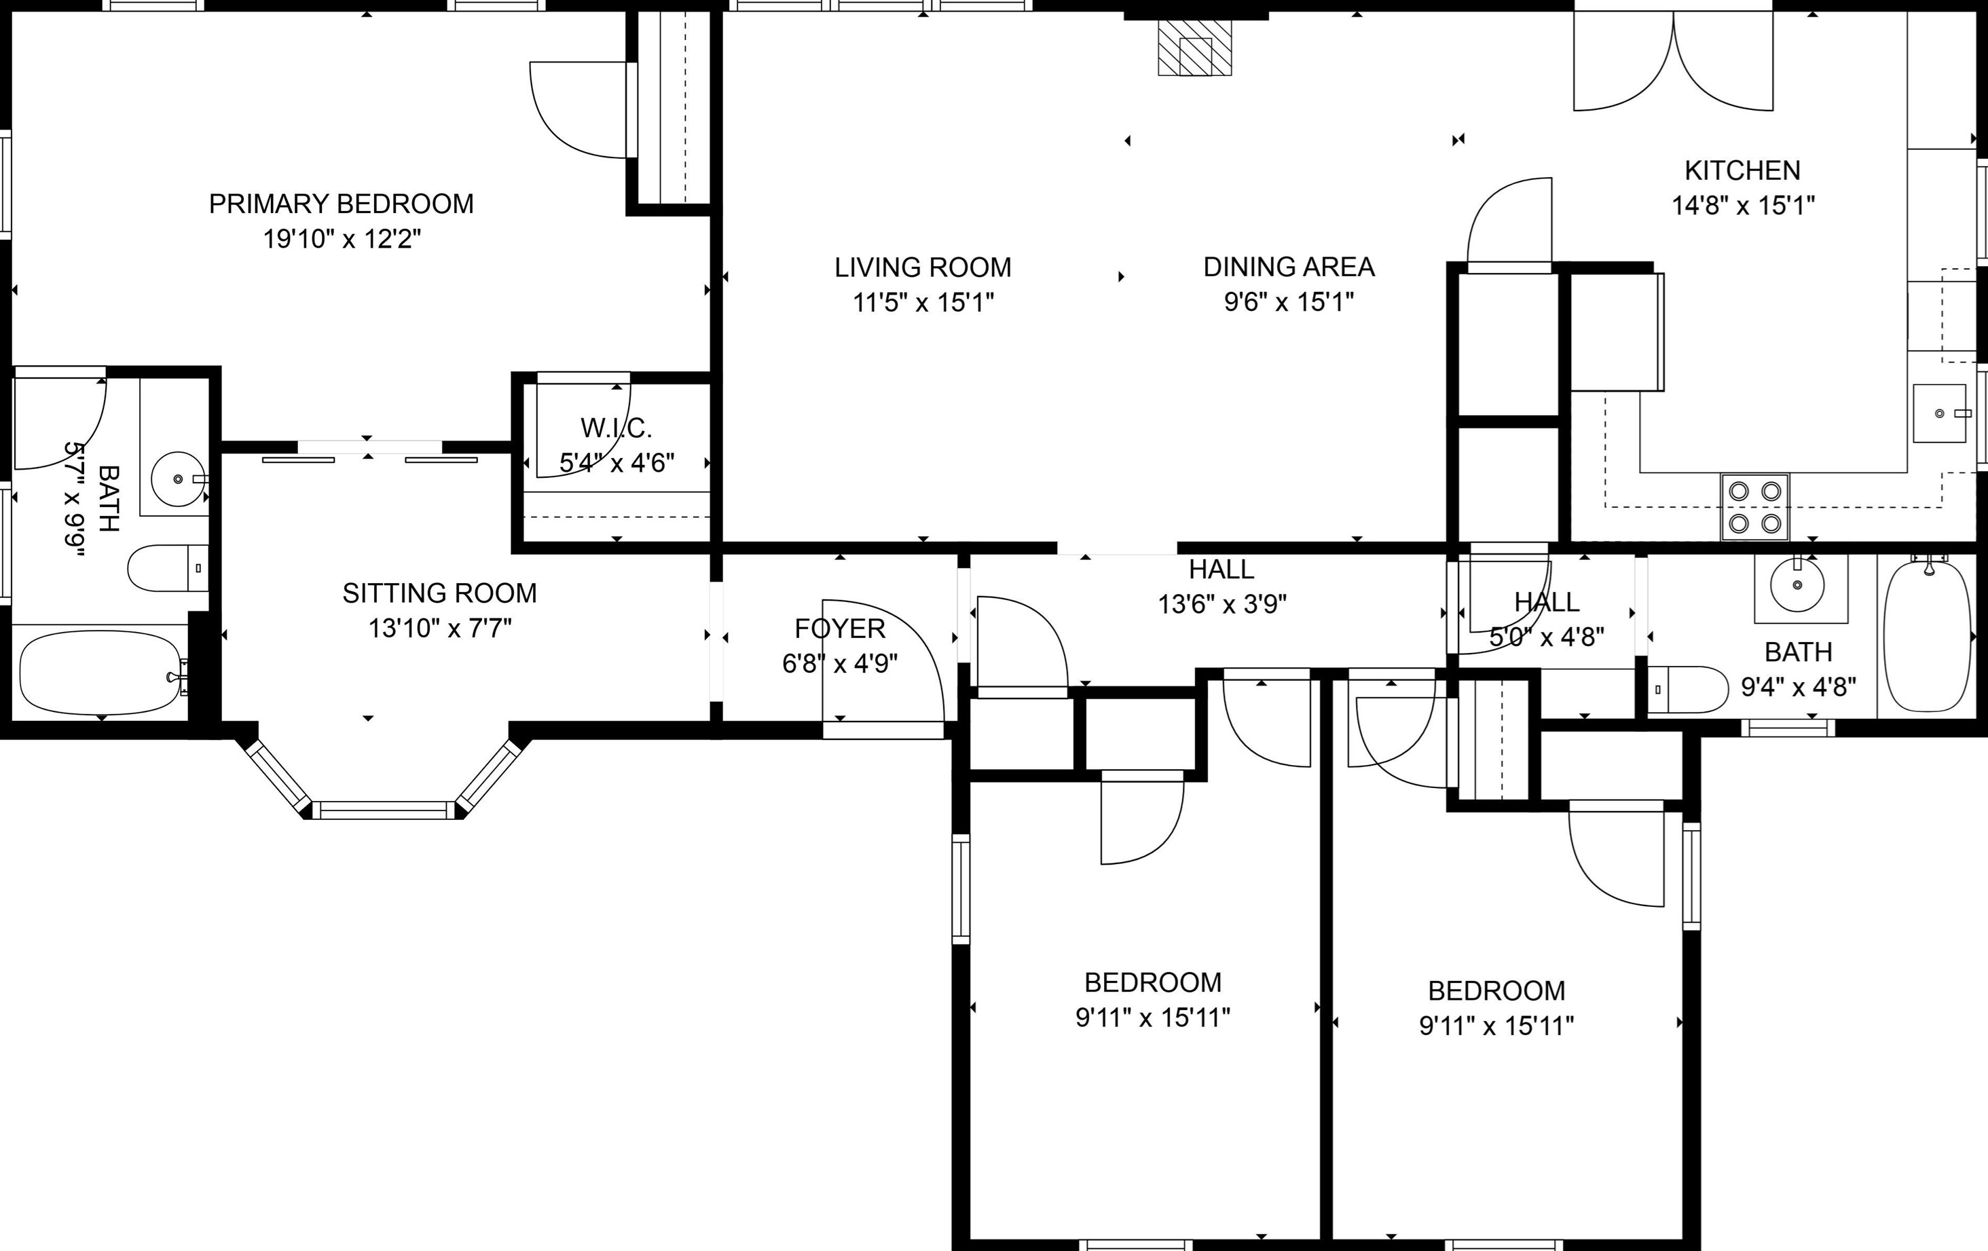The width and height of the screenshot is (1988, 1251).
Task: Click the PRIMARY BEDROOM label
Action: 341,204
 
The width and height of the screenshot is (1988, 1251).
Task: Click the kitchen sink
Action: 1939,413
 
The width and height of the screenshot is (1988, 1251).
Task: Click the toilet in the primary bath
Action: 168,567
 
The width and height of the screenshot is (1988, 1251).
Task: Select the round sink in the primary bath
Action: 179,479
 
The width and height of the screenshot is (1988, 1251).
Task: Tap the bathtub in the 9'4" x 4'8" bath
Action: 1928,636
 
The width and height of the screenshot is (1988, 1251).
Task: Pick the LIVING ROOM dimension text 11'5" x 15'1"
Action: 923,303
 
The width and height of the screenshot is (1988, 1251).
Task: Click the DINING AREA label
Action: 1289,267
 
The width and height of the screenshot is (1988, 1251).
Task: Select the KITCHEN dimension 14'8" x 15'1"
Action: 1743,204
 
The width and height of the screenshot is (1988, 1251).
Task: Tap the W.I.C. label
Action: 616,428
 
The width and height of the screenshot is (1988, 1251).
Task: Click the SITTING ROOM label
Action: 439,593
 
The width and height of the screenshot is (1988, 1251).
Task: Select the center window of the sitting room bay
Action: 384,810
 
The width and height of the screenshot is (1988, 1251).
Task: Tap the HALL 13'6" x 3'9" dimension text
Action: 1222,605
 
